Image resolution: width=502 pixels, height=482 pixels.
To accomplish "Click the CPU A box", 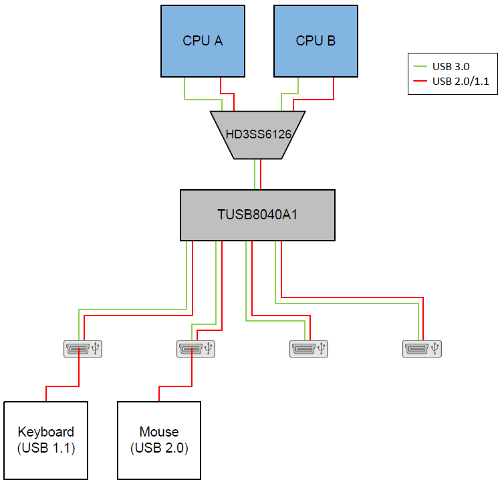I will pos(203,41).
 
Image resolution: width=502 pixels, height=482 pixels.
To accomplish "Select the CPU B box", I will pos(316,41).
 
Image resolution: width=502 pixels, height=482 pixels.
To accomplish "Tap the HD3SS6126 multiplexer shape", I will pos(257,134).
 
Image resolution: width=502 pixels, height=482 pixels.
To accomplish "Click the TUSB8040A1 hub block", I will pos(257,215).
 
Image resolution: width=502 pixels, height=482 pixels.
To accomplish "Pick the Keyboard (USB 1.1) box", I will pos(46,440).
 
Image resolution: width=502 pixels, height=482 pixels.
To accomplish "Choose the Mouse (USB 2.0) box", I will pos(159,440).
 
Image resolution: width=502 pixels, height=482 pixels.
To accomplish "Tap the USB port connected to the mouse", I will pos(193,348).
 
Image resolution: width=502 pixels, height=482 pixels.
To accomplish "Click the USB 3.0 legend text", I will pos(452,67).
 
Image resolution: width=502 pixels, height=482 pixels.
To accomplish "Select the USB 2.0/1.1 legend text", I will pos(460,82).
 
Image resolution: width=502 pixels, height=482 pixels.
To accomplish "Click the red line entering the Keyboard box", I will pos(46,394).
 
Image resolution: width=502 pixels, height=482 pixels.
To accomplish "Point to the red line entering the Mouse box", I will pos(159,394).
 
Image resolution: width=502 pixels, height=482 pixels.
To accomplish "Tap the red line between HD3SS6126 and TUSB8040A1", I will pos(260,174).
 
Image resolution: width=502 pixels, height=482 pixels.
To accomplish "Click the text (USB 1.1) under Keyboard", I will pos(46,448).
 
